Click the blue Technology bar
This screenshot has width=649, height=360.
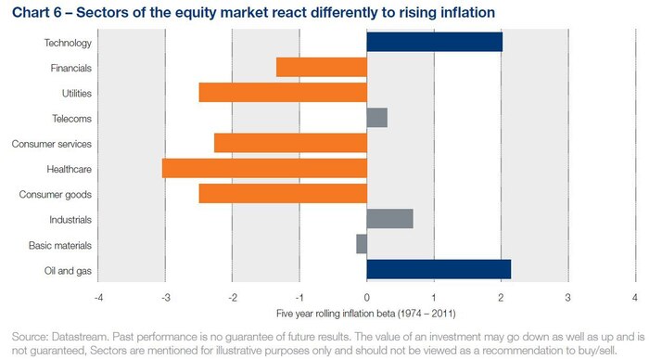click(x=434, y=43)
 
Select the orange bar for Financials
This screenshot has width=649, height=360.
click(x=321, y=68)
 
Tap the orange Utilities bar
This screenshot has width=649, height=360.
click(x=283, y=93)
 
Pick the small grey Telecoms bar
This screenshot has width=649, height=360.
click(x=376, y=118)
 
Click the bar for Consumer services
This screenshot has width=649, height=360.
click(x=290, y=144)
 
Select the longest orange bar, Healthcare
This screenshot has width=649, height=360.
click(x=264, y=169)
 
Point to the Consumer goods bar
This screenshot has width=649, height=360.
click(x=283, y=194)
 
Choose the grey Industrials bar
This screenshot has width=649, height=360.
click(x=389, y=219)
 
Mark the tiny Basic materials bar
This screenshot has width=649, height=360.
click(x=362, y=244)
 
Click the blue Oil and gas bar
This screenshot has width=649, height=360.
click(x=439, y=270)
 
